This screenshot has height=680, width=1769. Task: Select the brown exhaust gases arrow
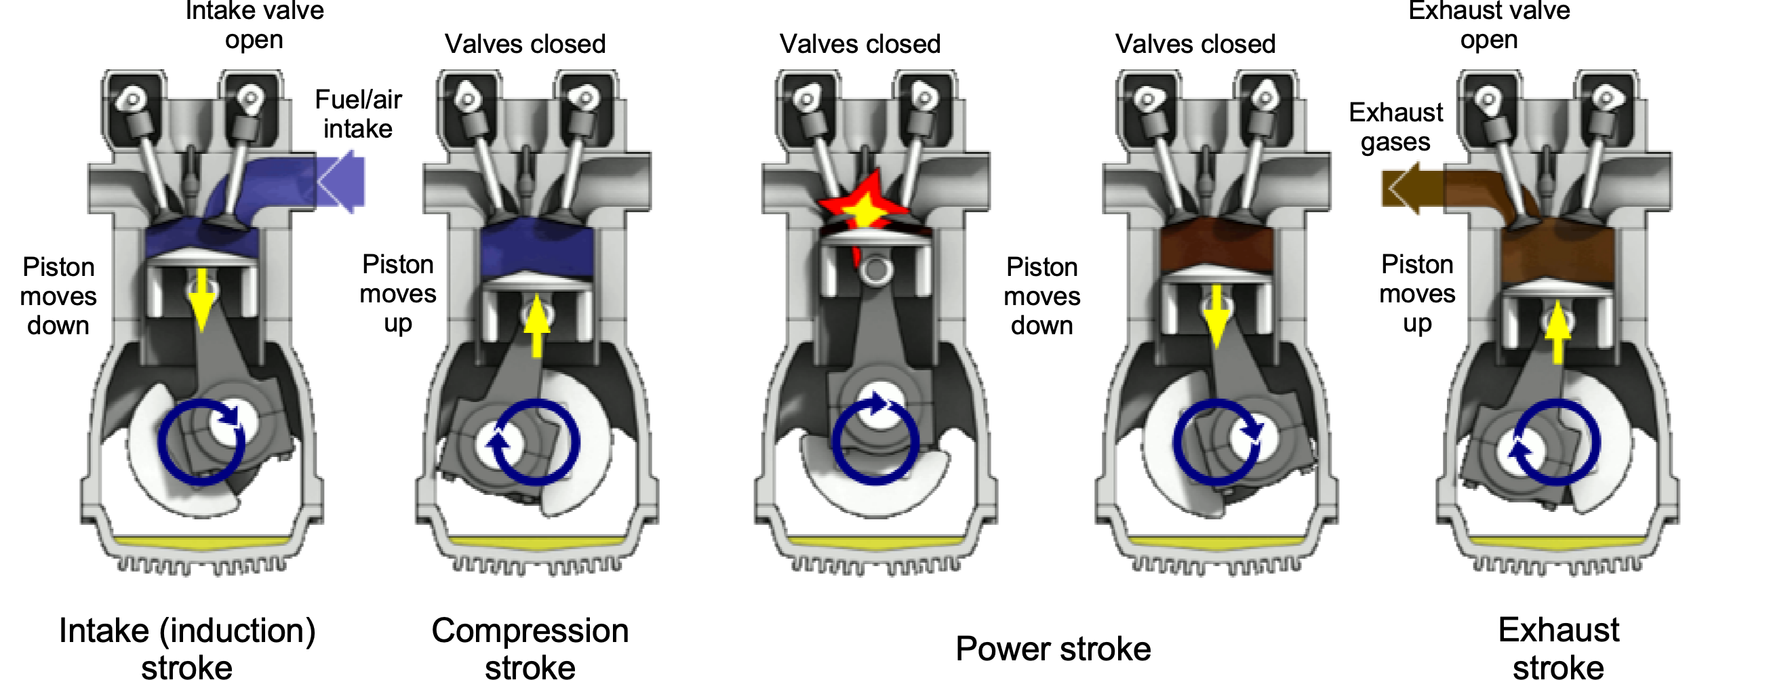[x=1411, y=188]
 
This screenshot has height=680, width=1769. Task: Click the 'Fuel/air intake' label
[x=358, y=114]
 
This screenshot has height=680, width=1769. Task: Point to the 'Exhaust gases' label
[x=1395, y=127]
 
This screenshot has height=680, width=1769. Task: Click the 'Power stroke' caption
[x=1053, y=648]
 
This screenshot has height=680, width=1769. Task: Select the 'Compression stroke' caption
[x=530, y=648]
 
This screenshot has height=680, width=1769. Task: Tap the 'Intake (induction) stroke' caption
[x=186, y=648]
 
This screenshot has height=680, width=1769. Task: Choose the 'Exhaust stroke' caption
[x=1558, y=648]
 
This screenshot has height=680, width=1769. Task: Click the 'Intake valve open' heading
[x=254, y=24]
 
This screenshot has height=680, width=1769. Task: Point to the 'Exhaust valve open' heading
[x=1489, y=24]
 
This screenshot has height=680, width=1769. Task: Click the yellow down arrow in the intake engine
[x=202, y=301]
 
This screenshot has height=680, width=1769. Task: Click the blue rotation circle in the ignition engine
[x=875, y=439]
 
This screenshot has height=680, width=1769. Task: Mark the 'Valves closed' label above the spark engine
[x=860, y=44]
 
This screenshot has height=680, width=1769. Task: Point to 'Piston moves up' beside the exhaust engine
[x=1417, y=294]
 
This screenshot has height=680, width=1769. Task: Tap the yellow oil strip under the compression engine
[x=537, y=542]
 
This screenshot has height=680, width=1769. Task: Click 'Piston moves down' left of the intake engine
[x=58, y=296]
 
